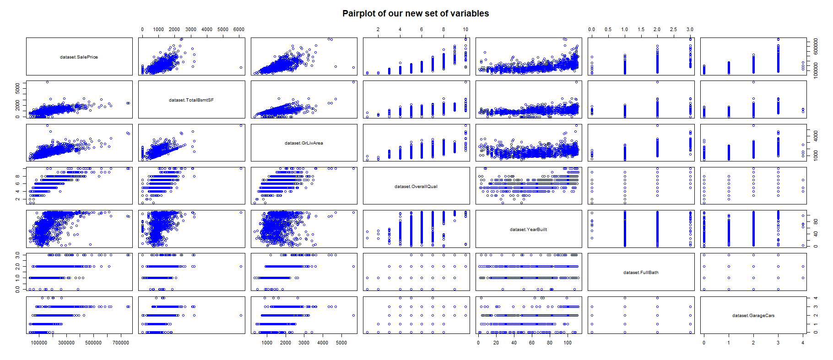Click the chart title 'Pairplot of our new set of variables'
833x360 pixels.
click(x=416, y=14)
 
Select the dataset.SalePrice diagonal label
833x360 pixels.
click(x=79, y=57)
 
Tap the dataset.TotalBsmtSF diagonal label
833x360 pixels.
click(x=191, y=100)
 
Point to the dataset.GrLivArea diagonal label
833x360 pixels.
click(x=303, y=143)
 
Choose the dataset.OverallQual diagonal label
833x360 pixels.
click(x=416, y=187)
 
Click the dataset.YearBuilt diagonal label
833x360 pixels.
click(x=528, y=230)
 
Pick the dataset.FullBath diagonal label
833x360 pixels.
click(x=641, y=273)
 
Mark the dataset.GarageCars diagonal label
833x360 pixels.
click(x=753, y=316)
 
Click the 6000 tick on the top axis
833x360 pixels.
click(x=239, y=29)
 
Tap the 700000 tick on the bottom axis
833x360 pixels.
click(x=121, y=343)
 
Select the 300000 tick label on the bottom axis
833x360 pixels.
click(x=66, y=343)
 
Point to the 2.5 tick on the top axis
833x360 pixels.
click(x=673, y=29)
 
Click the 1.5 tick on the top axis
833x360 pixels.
click(x=641, y=29)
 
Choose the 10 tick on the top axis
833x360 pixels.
click(x=465, y=29)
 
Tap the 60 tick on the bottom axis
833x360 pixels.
click(x=531, y=343)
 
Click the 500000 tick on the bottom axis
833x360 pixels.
click(x=93, y=343)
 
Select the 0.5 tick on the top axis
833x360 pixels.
click(x=608, y=29)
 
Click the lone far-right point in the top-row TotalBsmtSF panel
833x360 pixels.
click(x=241, y=68)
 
